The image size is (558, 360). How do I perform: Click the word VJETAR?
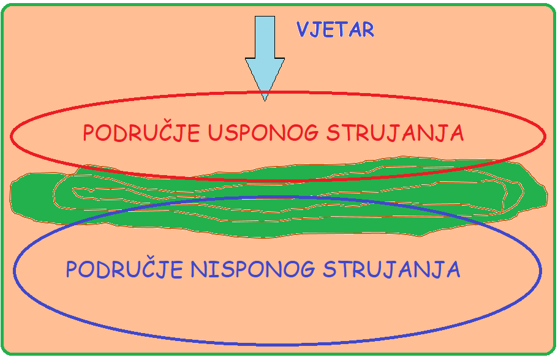(x=335, y=29)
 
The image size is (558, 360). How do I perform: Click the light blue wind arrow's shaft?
(x=265, y=37)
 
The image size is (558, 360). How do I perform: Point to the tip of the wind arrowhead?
(x=265, y=102)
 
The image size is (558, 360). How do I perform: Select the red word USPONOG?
(x=263, y=133)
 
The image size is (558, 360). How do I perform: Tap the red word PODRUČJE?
(x=141, y=132)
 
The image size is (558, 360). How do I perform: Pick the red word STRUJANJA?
(x=395, y=133)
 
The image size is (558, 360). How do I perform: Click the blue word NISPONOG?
(x=253, y=269)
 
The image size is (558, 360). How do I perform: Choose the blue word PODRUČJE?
(x=124, y=269)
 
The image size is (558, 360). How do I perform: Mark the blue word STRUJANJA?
(x=391, y=269)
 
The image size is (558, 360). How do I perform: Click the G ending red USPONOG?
(x=311, y=133)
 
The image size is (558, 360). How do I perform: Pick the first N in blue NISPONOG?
(x=198, y=269)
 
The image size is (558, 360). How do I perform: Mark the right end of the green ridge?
(x=547, y=195)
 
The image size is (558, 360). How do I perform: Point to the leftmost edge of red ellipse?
(x=11, y=137)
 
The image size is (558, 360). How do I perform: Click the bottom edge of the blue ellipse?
(x=277, y=344)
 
